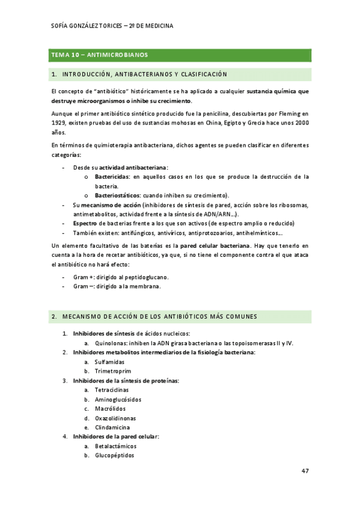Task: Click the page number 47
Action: coord(305,471)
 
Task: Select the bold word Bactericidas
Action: coord(112,177)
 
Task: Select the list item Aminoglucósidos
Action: coord(118,399)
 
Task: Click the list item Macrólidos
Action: coord(109,409)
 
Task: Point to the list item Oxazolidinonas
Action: coord(115,418)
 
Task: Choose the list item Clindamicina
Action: coord(112,428)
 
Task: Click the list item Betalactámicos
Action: coord(115,446)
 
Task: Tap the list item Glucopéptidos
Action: coord(114,455)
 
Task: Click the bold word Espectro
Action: coord(85,224)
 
